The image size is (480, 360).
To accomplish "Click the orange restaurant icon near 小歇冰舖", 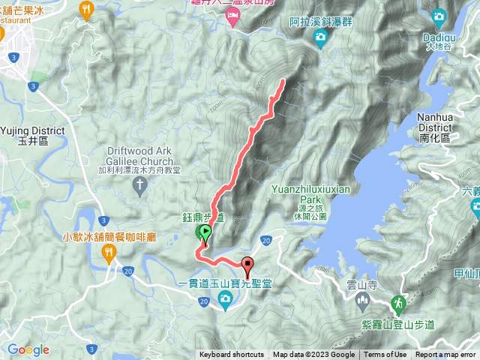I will click(109, 253).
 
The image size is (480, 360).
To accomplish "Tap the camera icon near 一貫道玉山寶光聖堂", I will click(224, 300).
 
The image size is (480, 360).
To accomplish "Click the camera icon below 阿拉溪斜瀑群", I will click(321, 36).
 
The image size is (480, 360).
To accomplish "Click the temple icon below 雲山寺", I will click(362, 302).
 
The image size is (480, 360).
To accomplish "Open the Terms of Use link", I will click(385, 355).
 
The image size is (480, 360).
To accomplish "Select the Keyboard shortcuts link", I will click(232, 355).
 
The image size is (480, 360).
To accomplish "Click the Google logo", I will click(28, 350).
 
